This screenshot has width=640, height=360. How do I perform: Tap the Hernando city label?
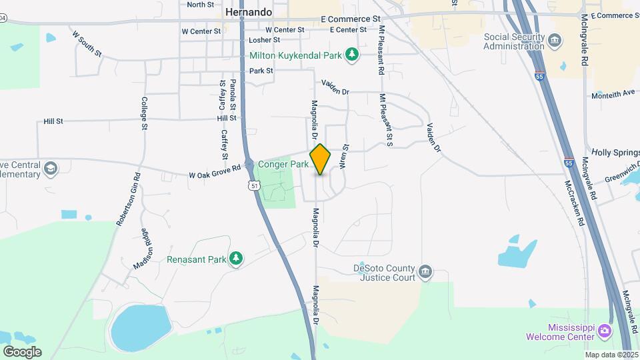(x=249, y=12)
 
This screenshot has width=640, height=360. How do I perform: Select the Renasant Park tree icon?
(x=235, y=259)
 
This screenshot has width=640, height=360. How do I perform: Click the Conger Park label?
(x=283, y=163)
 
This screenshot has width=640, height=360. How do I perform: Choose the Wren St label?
(x=345, y=155)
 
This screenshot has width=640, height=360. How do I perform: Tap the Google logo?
(x=22, y=351)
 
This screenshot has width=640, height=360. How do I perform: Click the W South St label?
(x=87, y=43)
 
